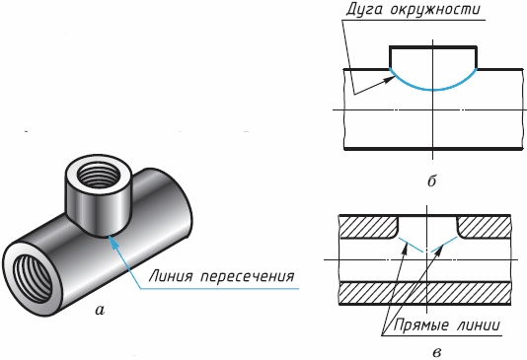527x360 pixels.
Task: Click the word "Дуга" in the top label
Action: (x=364, y=10)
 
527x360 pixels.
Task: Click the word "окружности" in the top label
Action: (x=435, y=10)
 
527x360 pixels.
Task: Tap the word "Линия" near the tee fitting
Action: (x=171, y=276)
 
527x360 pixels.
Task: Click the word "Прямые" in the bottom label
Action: (x=420, y=325)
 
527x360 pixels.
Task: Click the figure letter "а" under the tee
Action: (x=100, y=311)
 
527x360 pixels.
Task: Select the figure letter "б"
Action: (x=432, y=181)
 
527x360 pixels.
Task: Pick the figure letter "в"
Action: (x=437, y=353)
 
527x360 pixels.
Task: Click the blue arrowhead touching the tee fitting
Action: (x=113, y=243)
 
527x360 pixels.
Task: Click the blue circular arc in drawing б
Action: (x=433, y=90)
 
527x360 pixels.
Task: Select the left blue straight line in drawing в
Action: (x=411, y=246)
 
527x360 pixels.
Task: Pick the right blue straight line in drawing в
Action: (x=444, y=245)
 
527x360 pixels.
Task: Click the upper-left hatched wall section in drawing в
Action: (x=369, y=228)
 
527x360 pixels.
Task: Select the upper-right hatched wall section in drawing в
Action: (x=484, y=228)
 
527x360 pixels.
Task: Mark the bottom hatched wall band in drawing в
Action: (x=425, y=293)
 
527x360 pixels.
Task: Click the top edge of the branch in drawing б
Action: (x=433, y=46)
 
